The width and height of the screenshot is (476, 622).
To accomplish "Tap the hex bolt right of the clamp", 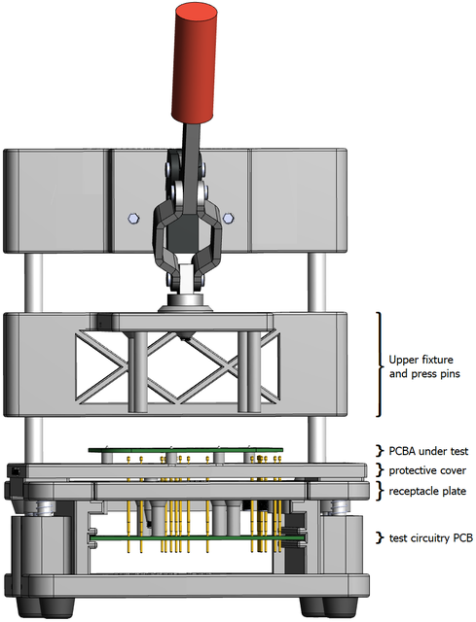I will pyautogui.click(x=228, y=219).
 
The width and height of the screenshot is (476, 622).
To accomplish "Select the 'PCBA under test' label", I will pyautogui.click(x=429, y=451).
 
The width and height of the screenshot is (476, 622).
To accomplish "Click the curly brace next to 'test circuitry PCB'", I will pyautogui.click(x=381, y=537).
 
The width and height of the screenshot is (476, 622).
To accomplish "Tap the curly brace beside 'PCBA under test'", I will pyautogui.click(x=381, y=451).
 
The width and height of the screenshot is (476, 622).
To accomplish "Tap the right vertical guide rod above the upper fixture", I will pyautogui.click(x=316, y=282).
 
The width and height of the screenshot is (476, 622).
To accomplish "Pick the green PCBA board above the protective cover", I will pyautogui.click(x=185, y=451).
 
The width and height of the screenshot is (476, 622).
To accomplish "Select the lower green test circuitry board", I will pyautogui.click(x=185, y=536).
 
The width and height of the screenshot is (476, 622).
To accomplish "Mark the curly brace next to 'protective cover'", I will pyautogui.click(x=381, y=470).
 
